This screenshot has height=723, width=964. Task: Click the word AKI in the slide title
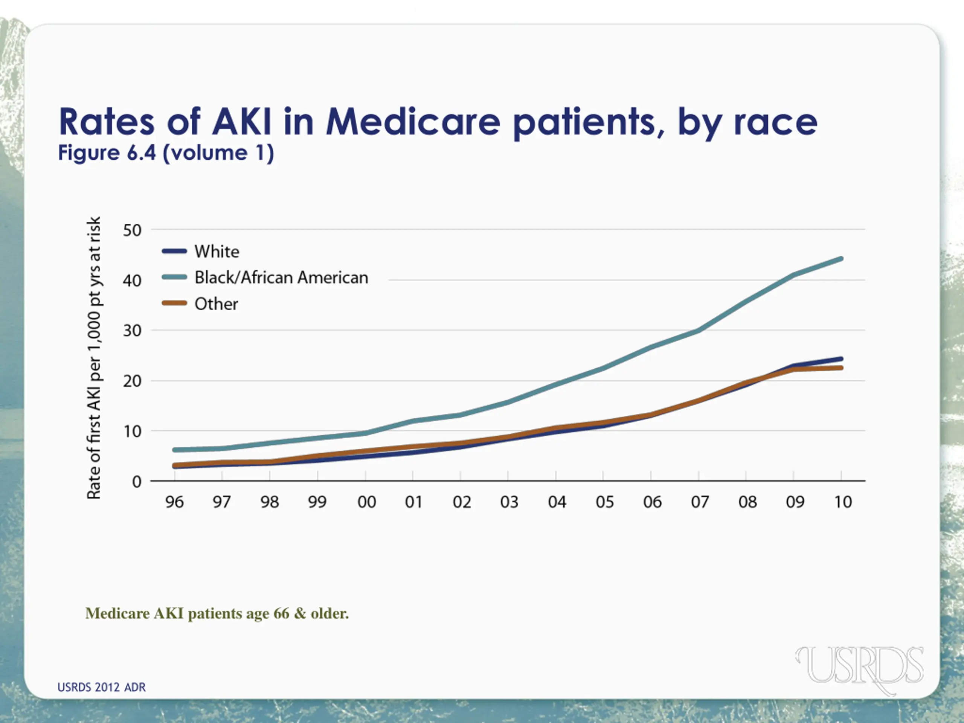(x=241, y=122)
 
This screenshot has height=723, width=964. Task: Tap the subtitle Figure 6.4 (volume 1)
(x=166, y=153)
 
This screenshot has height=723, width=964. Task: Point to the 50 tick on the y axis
(x=132, y=230)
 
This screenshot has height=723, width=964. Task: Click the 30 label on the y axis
(x=132, y=331)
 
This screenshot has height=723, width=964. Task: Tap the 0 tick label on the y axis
(x=137, y=482)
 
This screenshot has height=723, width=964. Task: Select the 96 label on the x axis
(x=174, y=502)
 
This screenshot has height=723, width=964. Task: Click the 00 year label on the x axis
(x=366, y=502)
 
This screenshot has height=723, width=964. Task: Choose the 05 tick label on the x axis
(x=604, y=502)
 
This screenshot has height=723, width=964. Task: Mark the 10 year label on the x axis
(x=843, y=502)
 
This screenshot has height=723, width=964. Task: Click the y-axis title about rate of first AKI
(x=94, y=357)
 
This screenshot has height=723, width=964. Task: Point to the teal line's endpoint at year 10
(x=840, y=259)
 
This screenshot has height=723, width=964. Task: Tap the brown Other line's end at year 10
(x=840, y=368)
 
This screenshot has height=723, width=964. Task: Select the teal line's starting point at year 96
(x=175, y=450)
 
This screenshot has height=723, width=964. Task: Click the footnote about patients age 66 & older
(x=217, y=613)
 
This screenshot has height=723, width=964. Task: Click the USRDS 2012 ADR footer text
(x=102, y=687)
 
